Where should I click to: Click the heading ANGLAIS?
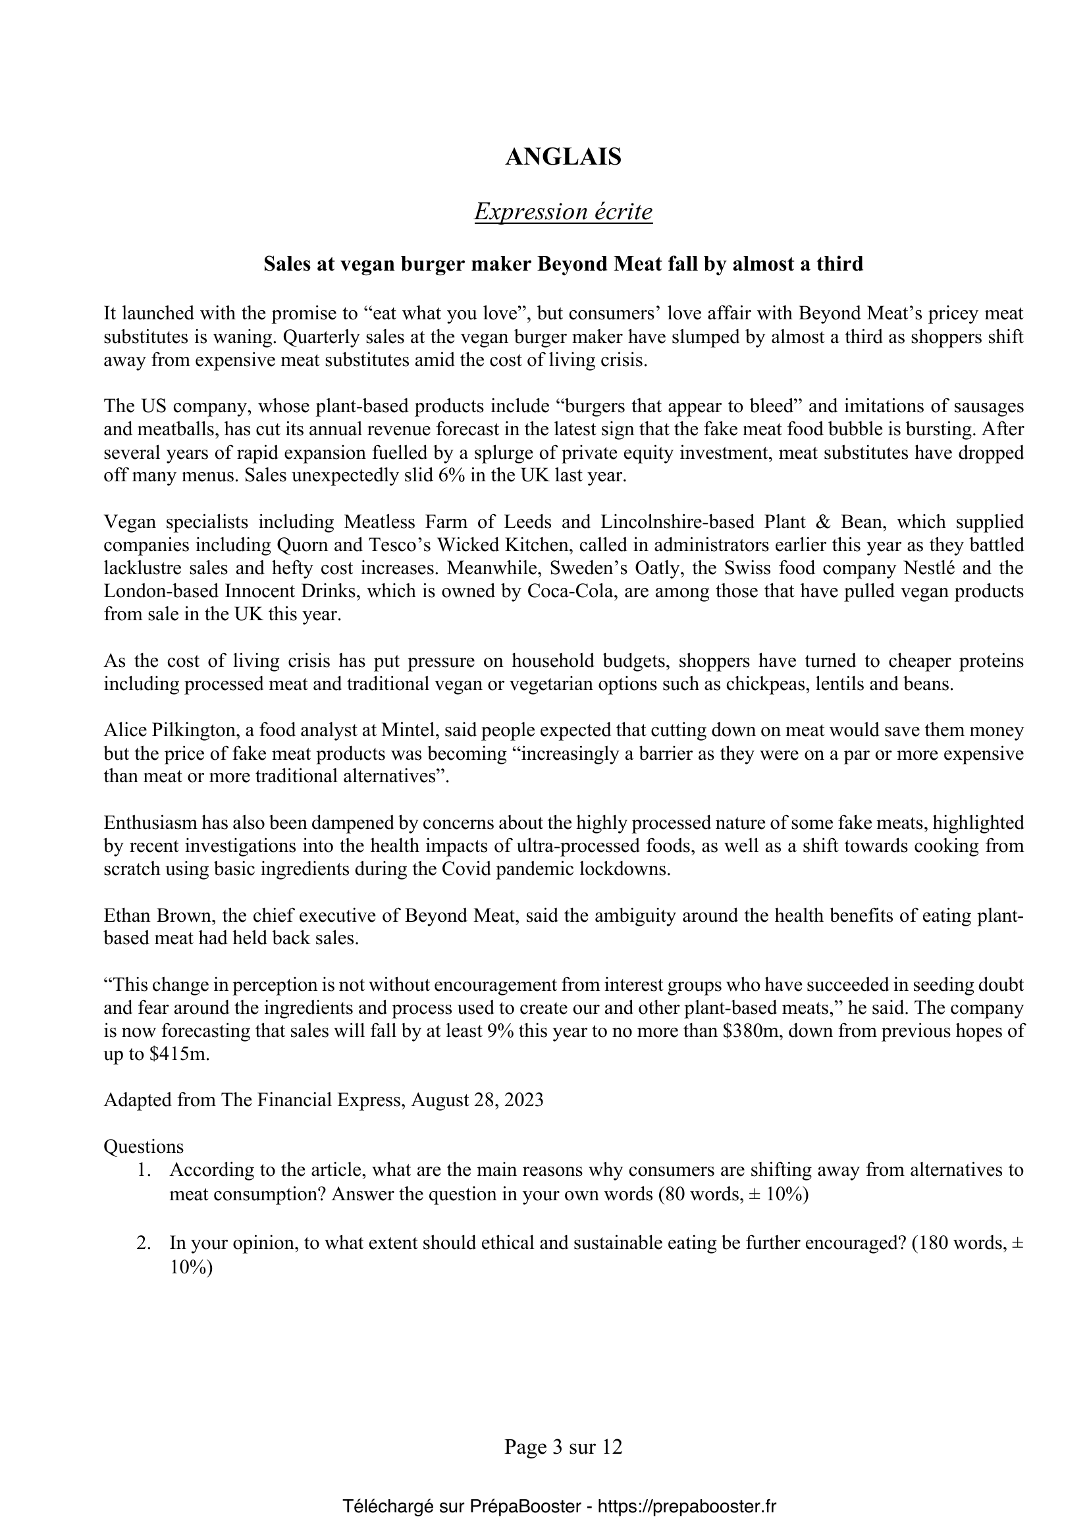pos(564,157)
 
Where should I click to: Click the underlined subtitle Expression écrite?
pos(564,212)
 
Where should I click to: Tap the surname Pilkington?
pos(184,730)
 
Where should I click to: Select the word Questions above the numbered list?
pos(144,1146)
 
